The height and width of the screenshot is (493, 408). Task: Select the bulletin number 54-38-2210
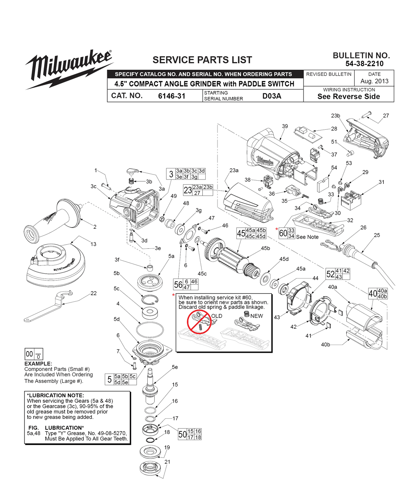tap(361, 64)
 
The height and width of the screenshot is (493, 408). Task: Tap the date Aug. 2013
tap(374, 81)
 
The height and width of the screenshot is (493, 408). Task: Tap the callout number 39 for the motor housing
tap(285, 126)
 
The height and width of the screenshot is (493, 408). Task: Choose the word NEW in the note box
tap(257, 316)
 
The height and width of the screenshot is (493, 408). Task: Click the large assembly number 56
tap(178, 285)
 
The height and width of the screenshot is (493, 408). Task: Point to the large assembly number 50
tap(183, 435)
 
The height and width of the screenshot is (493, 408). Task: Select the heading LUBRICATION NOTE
tap(55, 396)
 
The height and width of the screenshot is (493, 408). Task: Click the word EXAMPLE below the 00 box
tap(38, 363)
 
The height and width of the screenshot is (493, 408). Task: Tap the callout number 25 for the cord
tap(377, 235)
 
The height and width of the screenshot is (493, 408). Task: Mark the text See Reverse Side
tap(348, 97)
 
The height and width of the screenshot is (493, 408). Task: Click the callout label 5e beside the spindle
tap(175, 367)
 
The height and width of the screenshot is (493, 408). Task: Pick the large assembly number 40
tap(373, 293)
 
